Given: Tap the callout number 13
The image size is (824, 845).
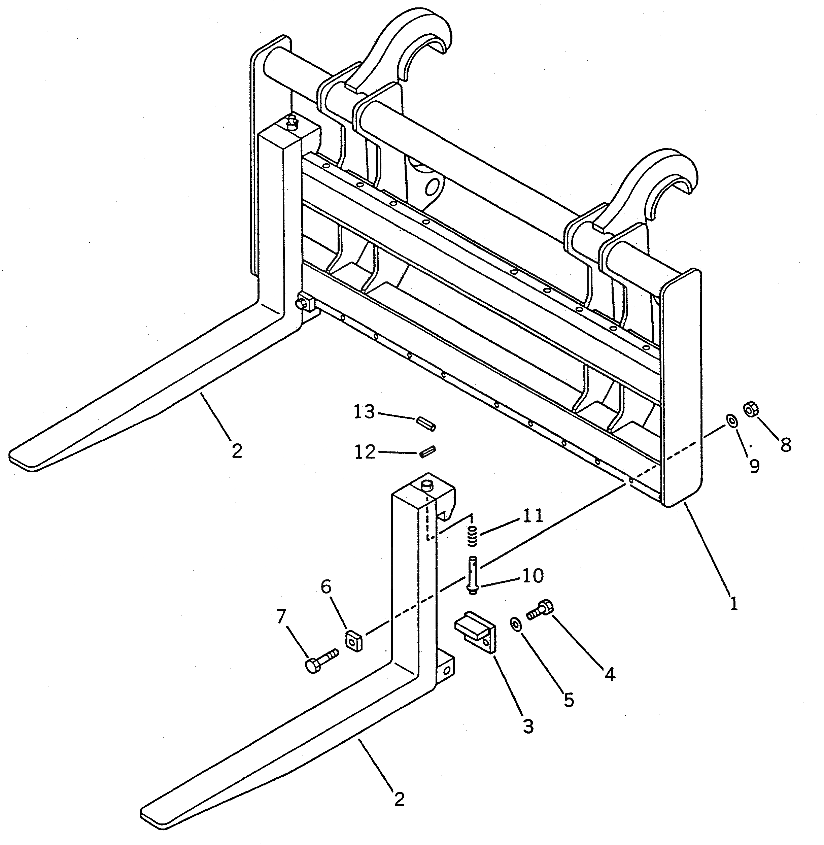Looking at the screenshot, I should point(364,412).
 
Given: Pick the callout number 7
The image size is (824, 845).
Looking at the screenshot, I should point(281,616).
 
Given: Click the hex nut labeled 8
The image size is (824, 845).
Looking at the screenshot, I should point(749,408).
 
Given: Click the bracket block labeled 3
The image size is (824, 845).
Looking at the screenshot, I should point(476,634).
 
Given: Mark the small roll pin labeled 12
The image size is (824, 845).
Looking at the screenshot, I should point(427,451).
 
